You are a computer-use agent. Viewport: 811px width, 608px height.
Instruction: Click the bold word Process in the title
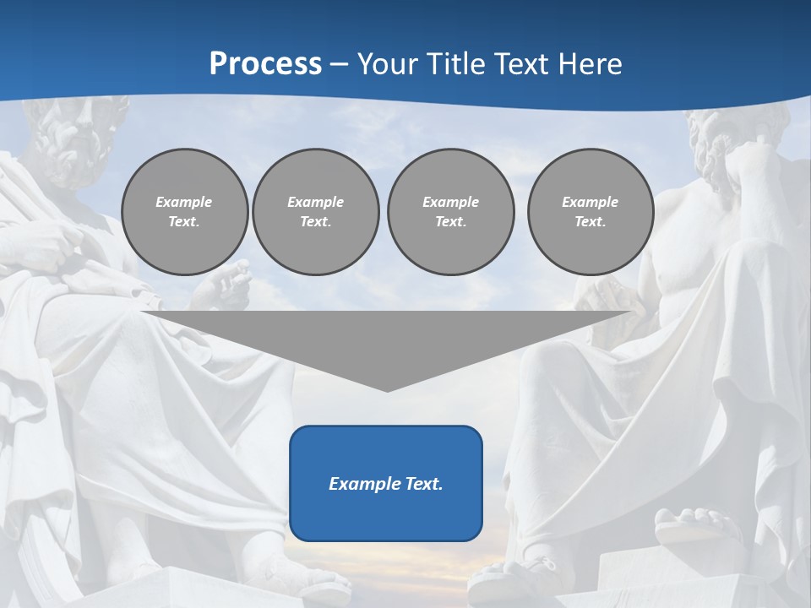[x=265, y=64]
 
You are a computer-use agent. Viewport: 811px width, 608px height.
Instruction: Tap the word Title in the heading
[x=455, y=64]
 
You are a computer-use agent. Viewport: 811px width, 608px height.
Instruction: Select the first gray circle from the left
[x=184, y=212]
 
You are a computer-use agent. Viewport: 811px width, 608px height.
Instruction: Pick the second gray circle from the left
[x=316, y=212]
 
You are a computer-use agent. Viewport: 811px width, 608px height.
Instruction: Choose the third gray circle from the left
[x=450, y=212]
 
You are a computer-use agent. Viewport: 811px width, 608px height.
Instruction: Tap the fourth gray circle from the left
[x=591, y=212]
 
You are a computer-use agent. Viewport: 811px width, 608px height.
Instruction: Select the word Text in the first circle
[x=184, y=222]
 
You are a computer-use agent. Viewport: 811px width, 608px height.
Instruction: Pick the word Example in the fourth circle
[x=591, y=202]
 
